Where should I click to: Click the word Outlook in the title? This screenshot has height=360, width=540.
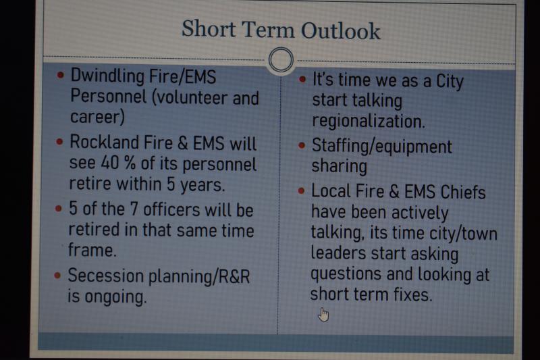[341, 30]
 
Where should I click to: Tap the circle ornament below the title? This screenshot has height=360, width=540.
[281, 59]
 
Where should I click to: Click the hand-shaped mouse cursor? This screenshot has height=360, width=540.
[323, 315]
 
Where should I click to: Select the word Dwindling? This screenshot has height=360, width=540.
[107, 76]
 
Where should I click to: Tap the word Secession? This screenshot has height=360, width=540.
[106, 276]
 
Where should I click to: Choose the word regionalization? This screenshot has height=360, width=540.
[368, 122]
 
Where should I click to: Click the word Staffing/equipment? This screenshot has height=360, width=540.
[381, 147]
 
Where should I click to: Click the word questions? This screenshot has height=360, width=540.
[346, 275]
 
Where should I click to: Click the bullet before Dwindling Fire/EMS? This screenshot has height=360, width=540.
[61, 75]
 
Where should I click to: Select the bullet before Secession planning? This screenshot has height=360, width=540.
[57, 275]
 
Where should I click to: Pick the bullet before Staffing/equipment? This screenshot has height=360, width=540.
[302, 145]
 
